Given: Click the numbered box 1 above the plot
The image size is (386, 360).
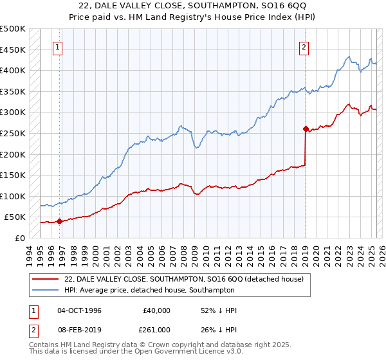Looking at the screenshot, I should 58,46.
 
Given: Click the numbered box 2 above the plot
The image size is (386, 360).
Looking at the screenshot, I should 303,46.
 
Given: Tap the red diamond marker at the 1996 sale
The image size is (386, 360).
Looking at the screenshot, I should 60,221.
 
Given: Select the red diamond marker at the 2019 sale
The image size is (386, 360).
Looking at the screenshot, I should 306,129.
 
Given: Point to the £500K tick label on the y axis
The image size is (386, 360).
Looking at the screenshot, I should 13,29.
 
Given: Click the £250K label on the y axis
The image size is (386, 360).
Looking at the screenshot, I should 13,134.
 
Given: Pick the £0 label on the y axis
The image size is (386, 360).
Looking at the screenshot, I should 19,239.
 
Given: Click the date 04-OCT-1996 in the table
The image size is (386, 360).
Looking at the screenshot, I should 80,310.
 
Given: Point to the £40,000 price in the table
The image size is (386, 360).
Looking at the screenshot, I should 156,310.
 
